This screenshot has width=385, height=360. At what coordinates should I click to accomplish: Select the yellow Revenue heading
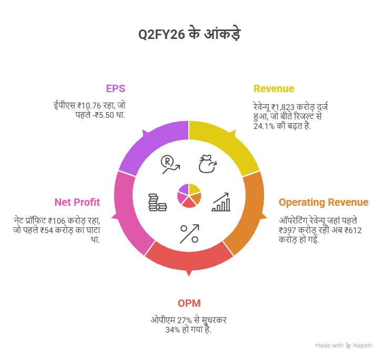pyautogui.click(x=273, y=88)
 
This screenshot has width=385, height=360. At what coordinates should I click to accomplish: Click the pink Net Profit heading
pyautogui.click(x=77, y=202)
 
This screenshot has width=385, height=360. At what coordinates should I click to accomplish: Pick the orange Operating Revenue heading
pyautogui.click(x=323, y=203)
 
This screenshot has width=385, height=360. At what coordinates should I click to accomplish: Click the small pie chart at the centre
pyautogui.click(x=189, y=195)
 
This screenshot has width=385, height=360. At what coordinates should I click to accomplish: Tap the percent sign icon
pyautogui.click(x=189, y=233)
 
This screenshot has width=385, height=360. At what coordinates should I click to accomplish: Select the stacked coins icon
pyautogui.click(x=157, y=203)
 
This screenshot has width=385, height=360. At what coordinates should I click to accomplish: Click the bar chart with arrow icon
pyautogui.click(x=221, y=202)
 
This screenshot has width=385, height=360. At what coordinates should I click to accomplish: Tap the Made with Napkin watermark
pyautogui.click(x=344, y=345)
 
